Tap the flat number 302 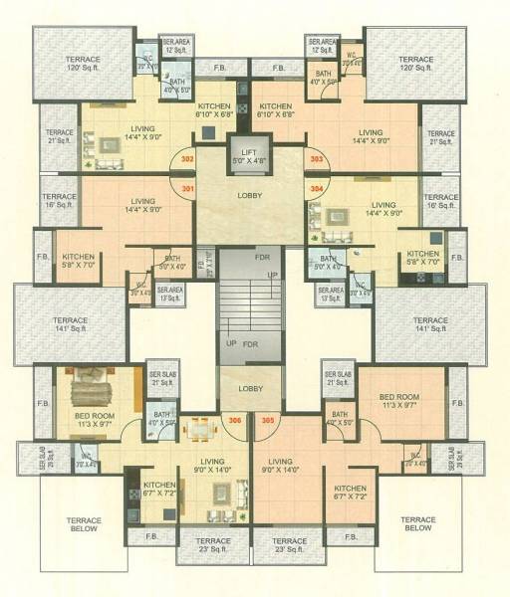pos(187,158)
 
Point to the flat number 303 pos(317,158)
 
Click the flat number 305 pos(267,421)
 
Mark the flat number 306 pos(235,421)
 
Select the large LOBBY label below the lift pos(250,196)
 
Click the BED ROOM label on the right pos(399,400)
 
